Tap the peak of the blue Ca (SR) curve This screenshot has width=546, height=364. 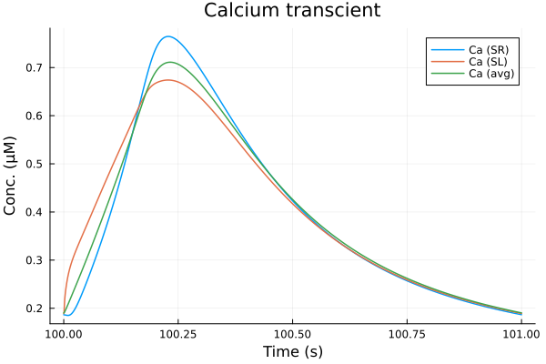(168, 36)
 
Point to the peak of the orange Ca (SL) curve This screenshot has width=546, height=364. (167, 80)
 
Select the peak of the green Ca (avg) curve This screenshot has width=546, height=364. (169, 62)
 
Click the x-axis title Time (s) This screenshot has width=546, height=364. (292, 351)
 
